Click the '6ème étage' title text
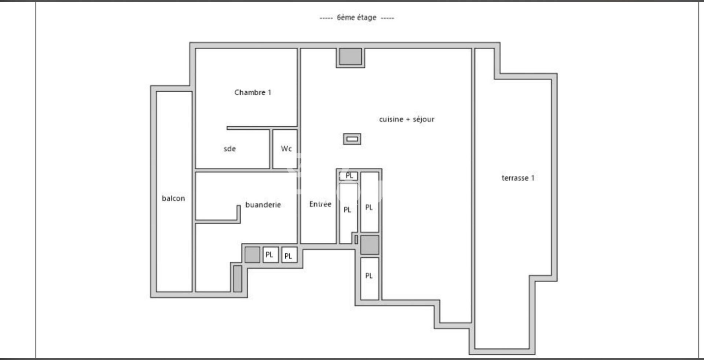click(x=356, y=17)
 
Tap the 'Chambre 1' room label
click(x=253, y=92)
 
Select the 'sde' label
click(x=230, y=148)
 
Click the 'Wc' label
click(x=286, y=148)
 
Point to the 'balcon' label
click(x=173, y=198)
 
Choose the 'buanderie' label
click(x=263, y=205)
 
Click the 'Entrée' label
click(x=320, y=204)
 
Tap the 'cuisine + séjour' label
click(x=407, y=119)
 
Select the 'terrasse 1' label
click(x=518, y=178)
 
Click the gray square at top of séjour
click(x=350, y=56)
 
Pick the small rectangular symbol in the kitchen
click(x=352, y=139)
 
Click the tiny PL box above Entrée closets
click(x=349, y=176)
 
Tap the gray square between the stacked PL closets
click(x=370, y=245)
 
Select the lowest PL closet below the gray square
click(x=370, y=279)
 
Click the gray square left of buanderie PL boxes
click(x=252, y=254)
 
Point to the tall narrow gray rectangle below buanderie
click(x=238, y=279)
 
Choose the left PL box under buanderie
click(x=271, y=254)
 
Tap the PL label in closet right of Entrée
click(x=347, y=210)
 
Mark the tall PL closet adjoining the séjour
click(x=370, y=202)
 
